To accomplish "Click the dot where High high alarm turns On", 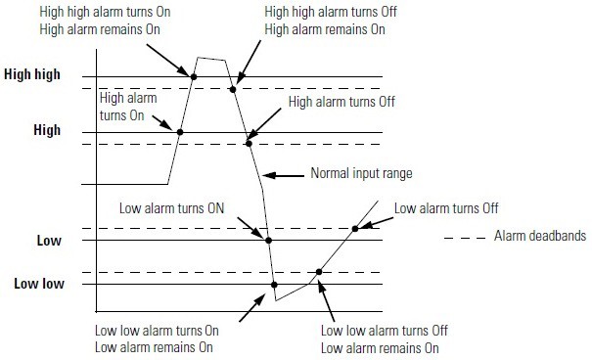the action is [x=194, y=76].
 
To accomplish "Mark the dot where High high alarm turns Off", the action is [x=233, y=89].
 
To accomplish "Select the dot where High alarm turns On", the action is [x=179, y=131].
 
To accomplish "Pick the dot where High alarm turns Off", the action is [x=249, y=144].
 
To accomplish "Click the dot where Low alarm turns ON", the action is [x=268, y=240].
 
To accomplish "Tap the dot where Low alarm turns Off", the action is [x=354, y=229].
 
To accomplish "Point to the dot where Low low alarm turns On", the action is [x=274, y=285].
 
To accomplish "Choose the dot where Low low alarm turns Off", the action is [x=318, y=272].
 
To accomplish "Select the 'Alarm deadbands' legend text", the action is [x=529, y=238].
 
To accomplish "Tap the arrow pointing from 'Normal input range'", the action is [x=286, y=176].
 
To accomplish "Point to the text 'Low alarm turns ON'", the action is [x=172, y=207].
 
